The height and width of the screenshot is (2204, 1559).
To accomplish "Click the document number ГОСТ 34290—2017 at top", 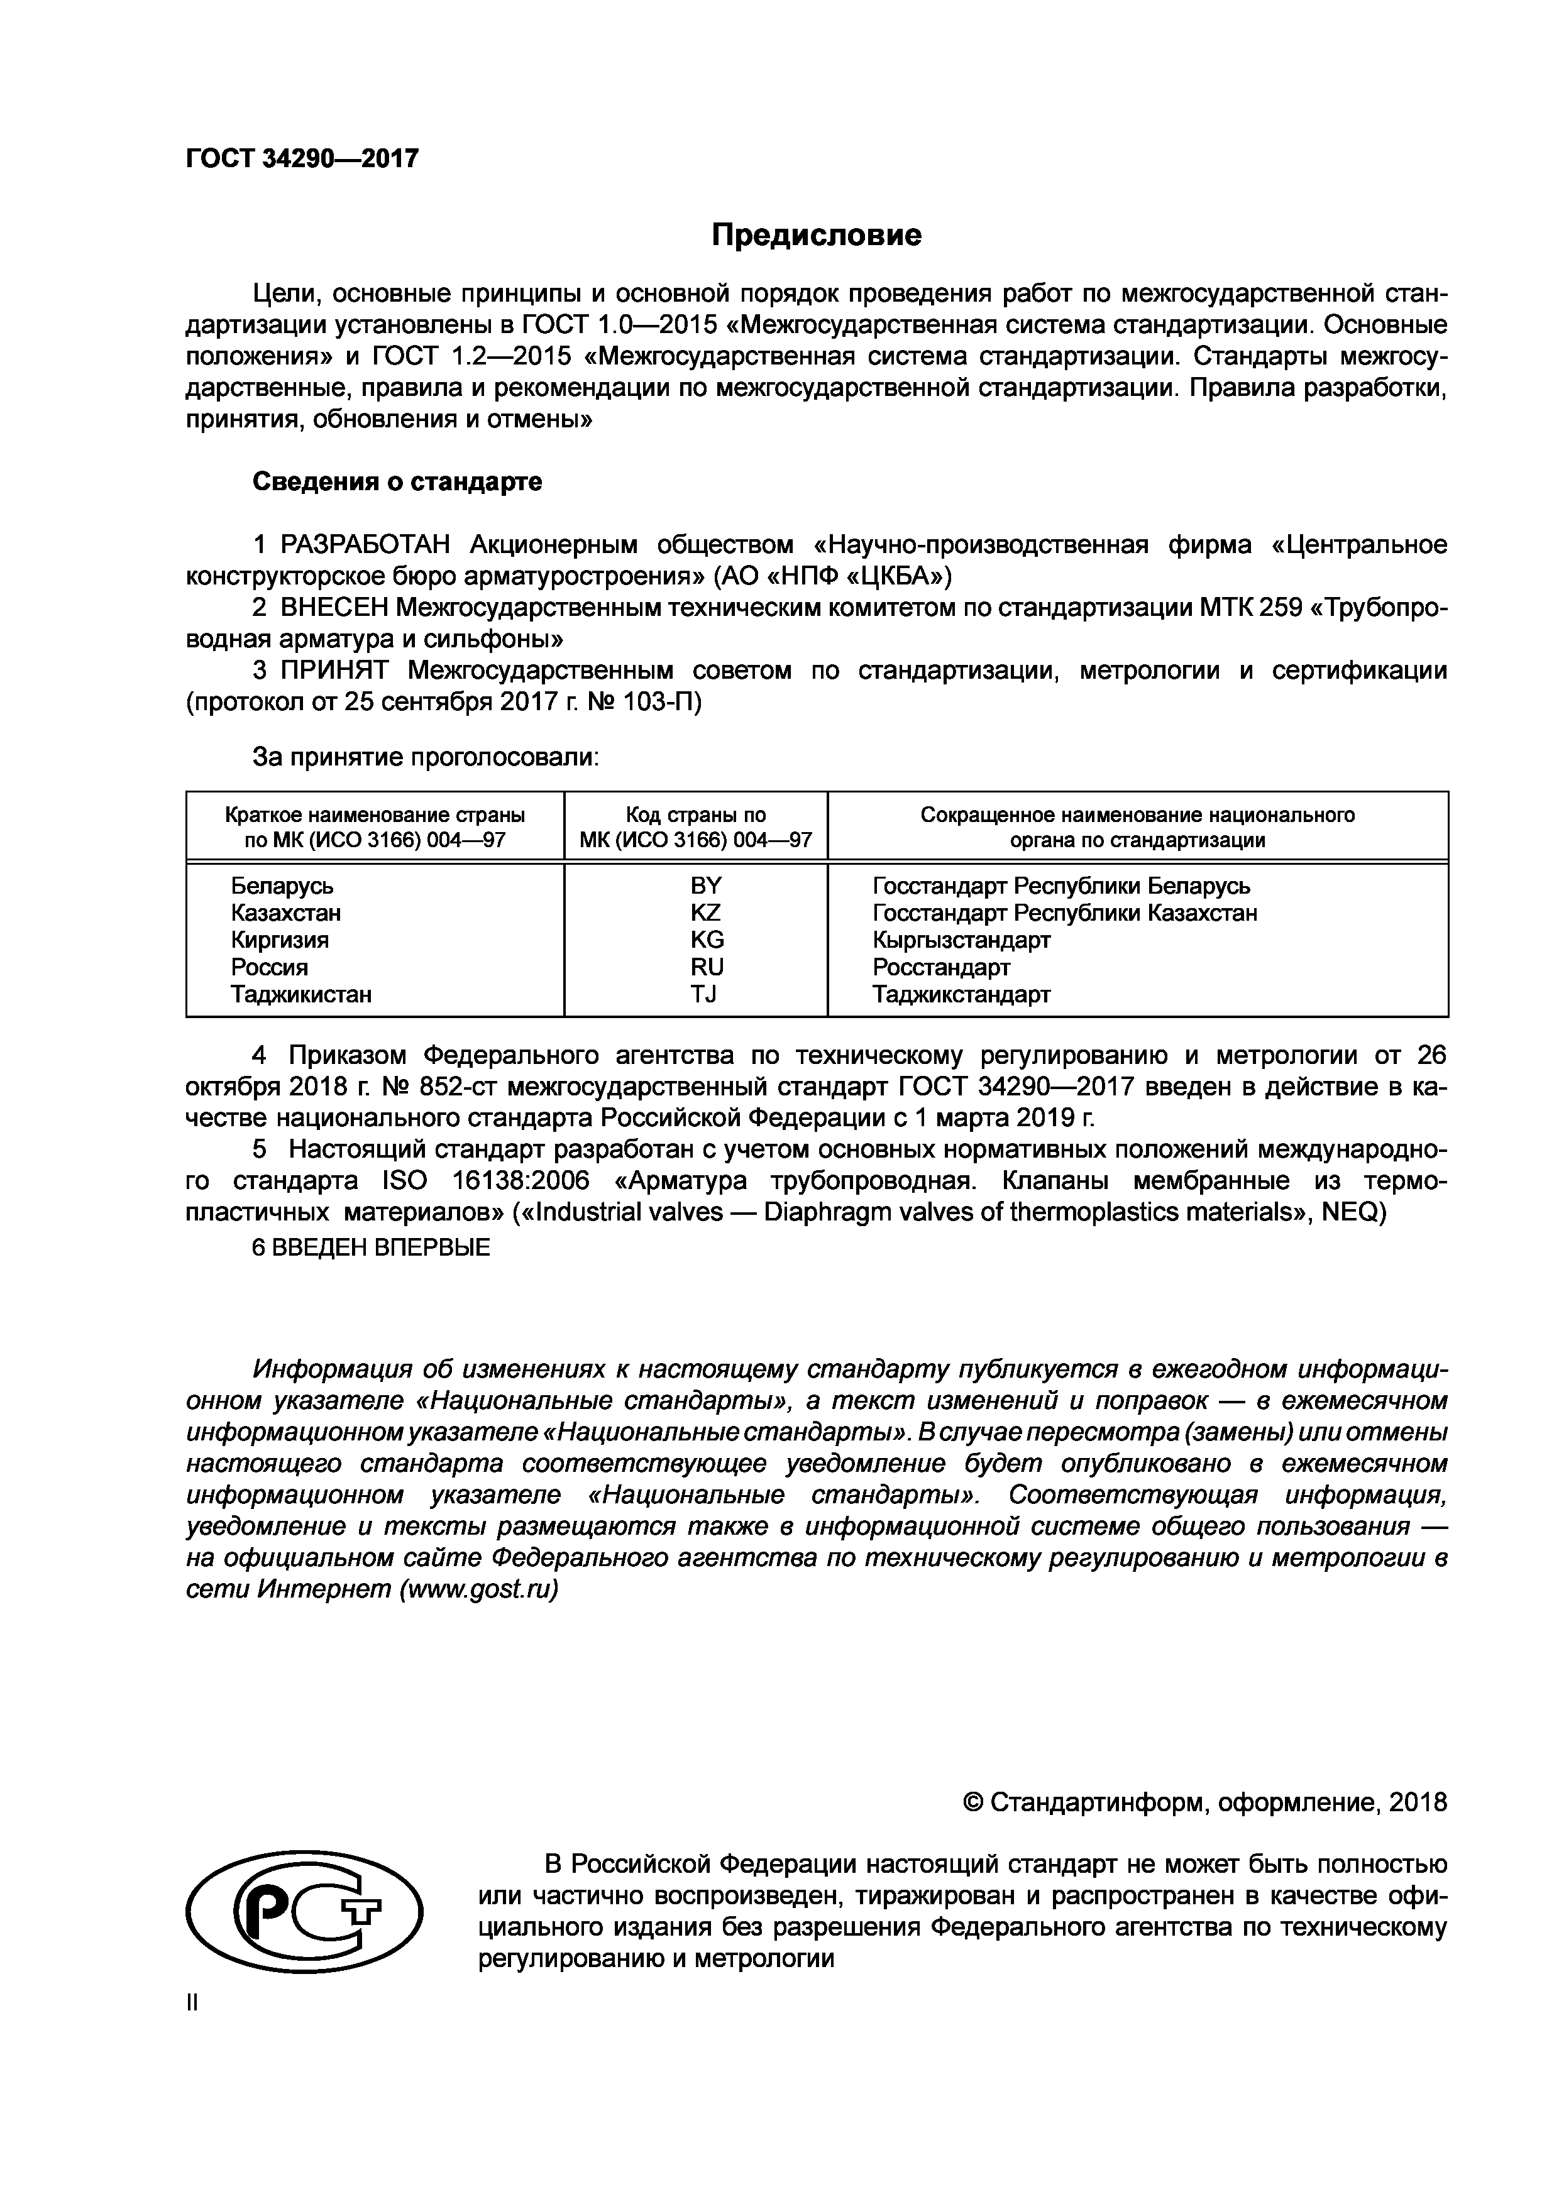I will [302, 158].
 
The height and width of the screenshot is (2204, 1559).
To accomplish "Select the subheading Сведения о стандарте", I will [397, 482].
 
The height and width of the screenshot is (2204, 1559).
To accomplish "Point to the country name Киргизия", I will [279, 940].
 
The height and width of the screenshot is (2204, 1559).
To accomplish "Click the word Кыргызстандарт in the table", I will [961, 940].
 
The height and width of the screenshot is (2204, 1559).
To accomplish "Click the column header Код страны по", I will [696, 815].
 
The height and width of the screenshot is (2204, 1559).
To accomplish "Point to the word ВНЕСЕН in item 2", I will [333, 608].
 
